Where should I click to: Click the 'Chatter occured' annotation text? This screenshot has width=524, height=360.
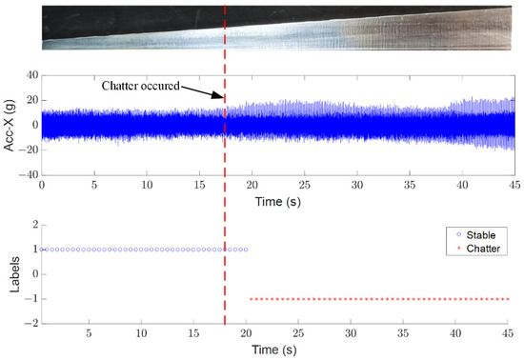pyautogui.click(x=140, y=85)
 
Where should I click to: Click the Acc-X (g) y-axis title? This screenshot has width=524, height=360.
pyautogui.click(x=10, y=125)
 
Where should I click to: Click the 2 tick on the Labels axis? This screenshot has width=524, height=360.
pyautogui.click(x=33, y=225)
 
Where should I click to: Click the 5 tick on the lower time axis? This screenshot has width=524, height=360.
pyautogui.click(x=89, y=334)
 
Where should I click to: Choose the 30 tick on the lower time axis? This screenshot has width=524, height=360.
pyautogui.click(x=352, y=334)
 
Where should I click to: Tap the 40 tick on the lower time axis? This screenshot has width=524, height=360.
pyautogui.click(x=456, y=334)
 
